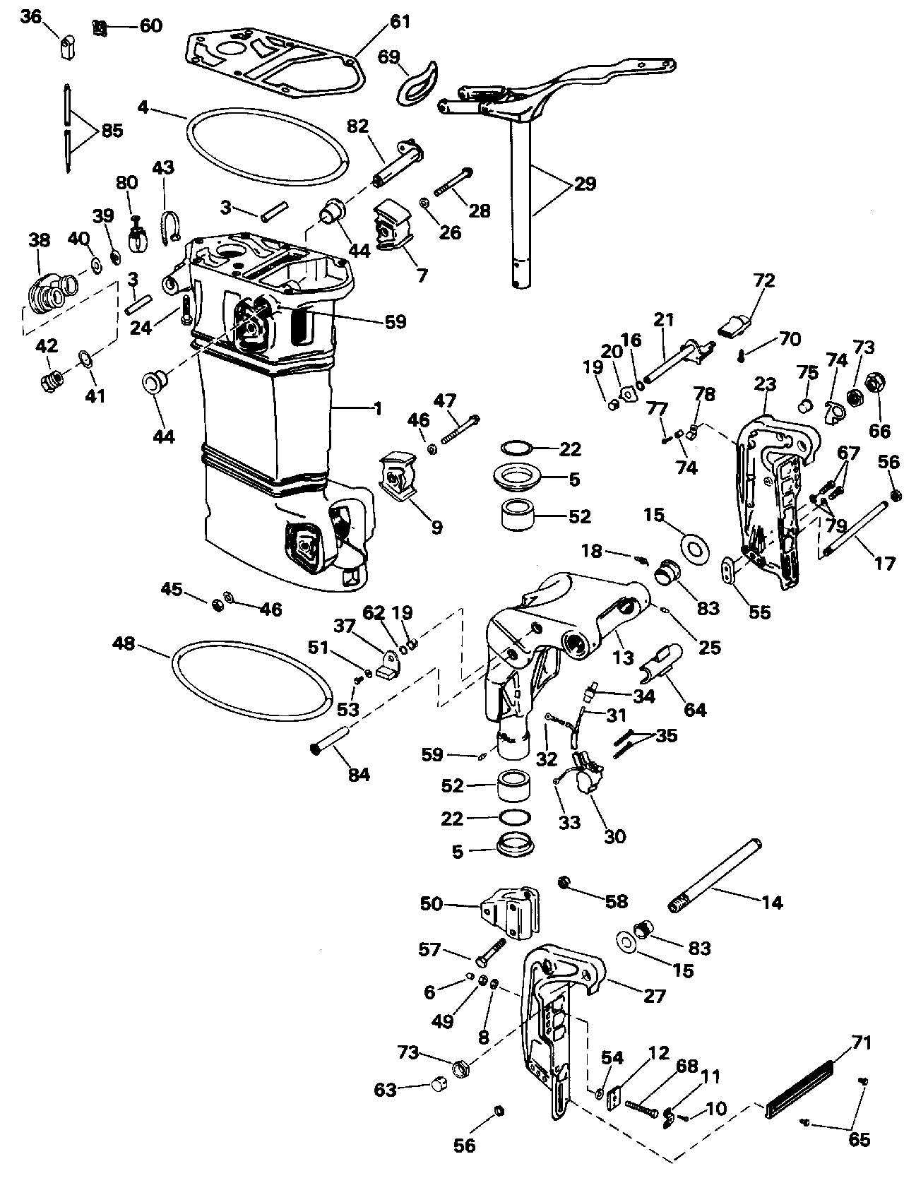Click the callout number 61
tap(400, 22)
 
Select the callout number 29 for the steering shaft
tap(585, 184)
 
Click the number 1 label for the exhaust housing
tap(378, 408)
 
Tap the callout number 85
tap(112, 131)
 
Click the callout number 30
tap(614, 836)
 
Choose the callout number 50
tap(432, 903)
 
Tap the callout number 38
tap(40, 239)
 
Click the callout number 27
tap(655, 995)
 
